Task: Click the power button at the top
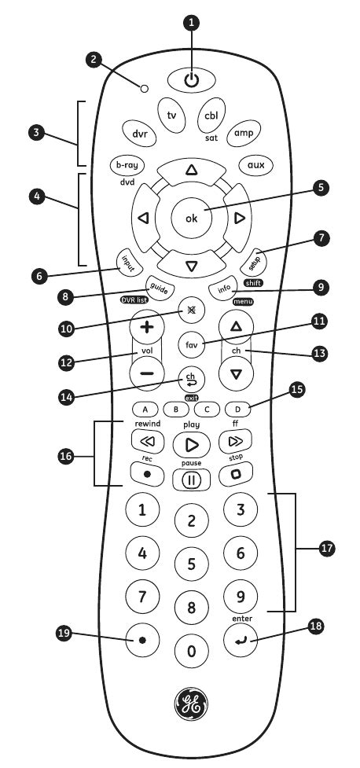pyautogui.click(x=189, y=79)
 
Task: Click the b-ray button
pyautogui.click(x=127, y=166)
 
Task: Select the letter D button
pyautogui.click(x=236, y=410)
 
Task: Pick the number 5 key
pyautogui.click(x=190, y=563)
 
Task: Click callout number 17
pyautogui.click(x=325, y=549)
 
